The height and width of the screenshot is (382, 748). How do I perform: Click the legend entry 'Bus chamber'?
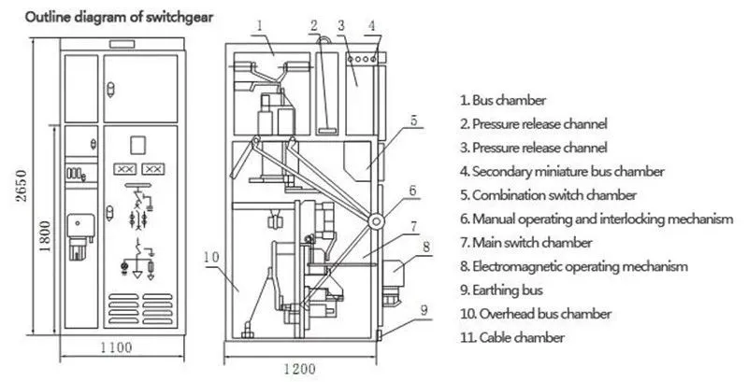[502, 99]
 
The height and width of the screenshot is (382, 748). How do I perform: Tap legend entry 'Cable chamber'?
[511, 337]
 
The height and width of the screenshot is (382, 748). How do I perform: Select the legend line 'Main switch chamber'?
[525, 242]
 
